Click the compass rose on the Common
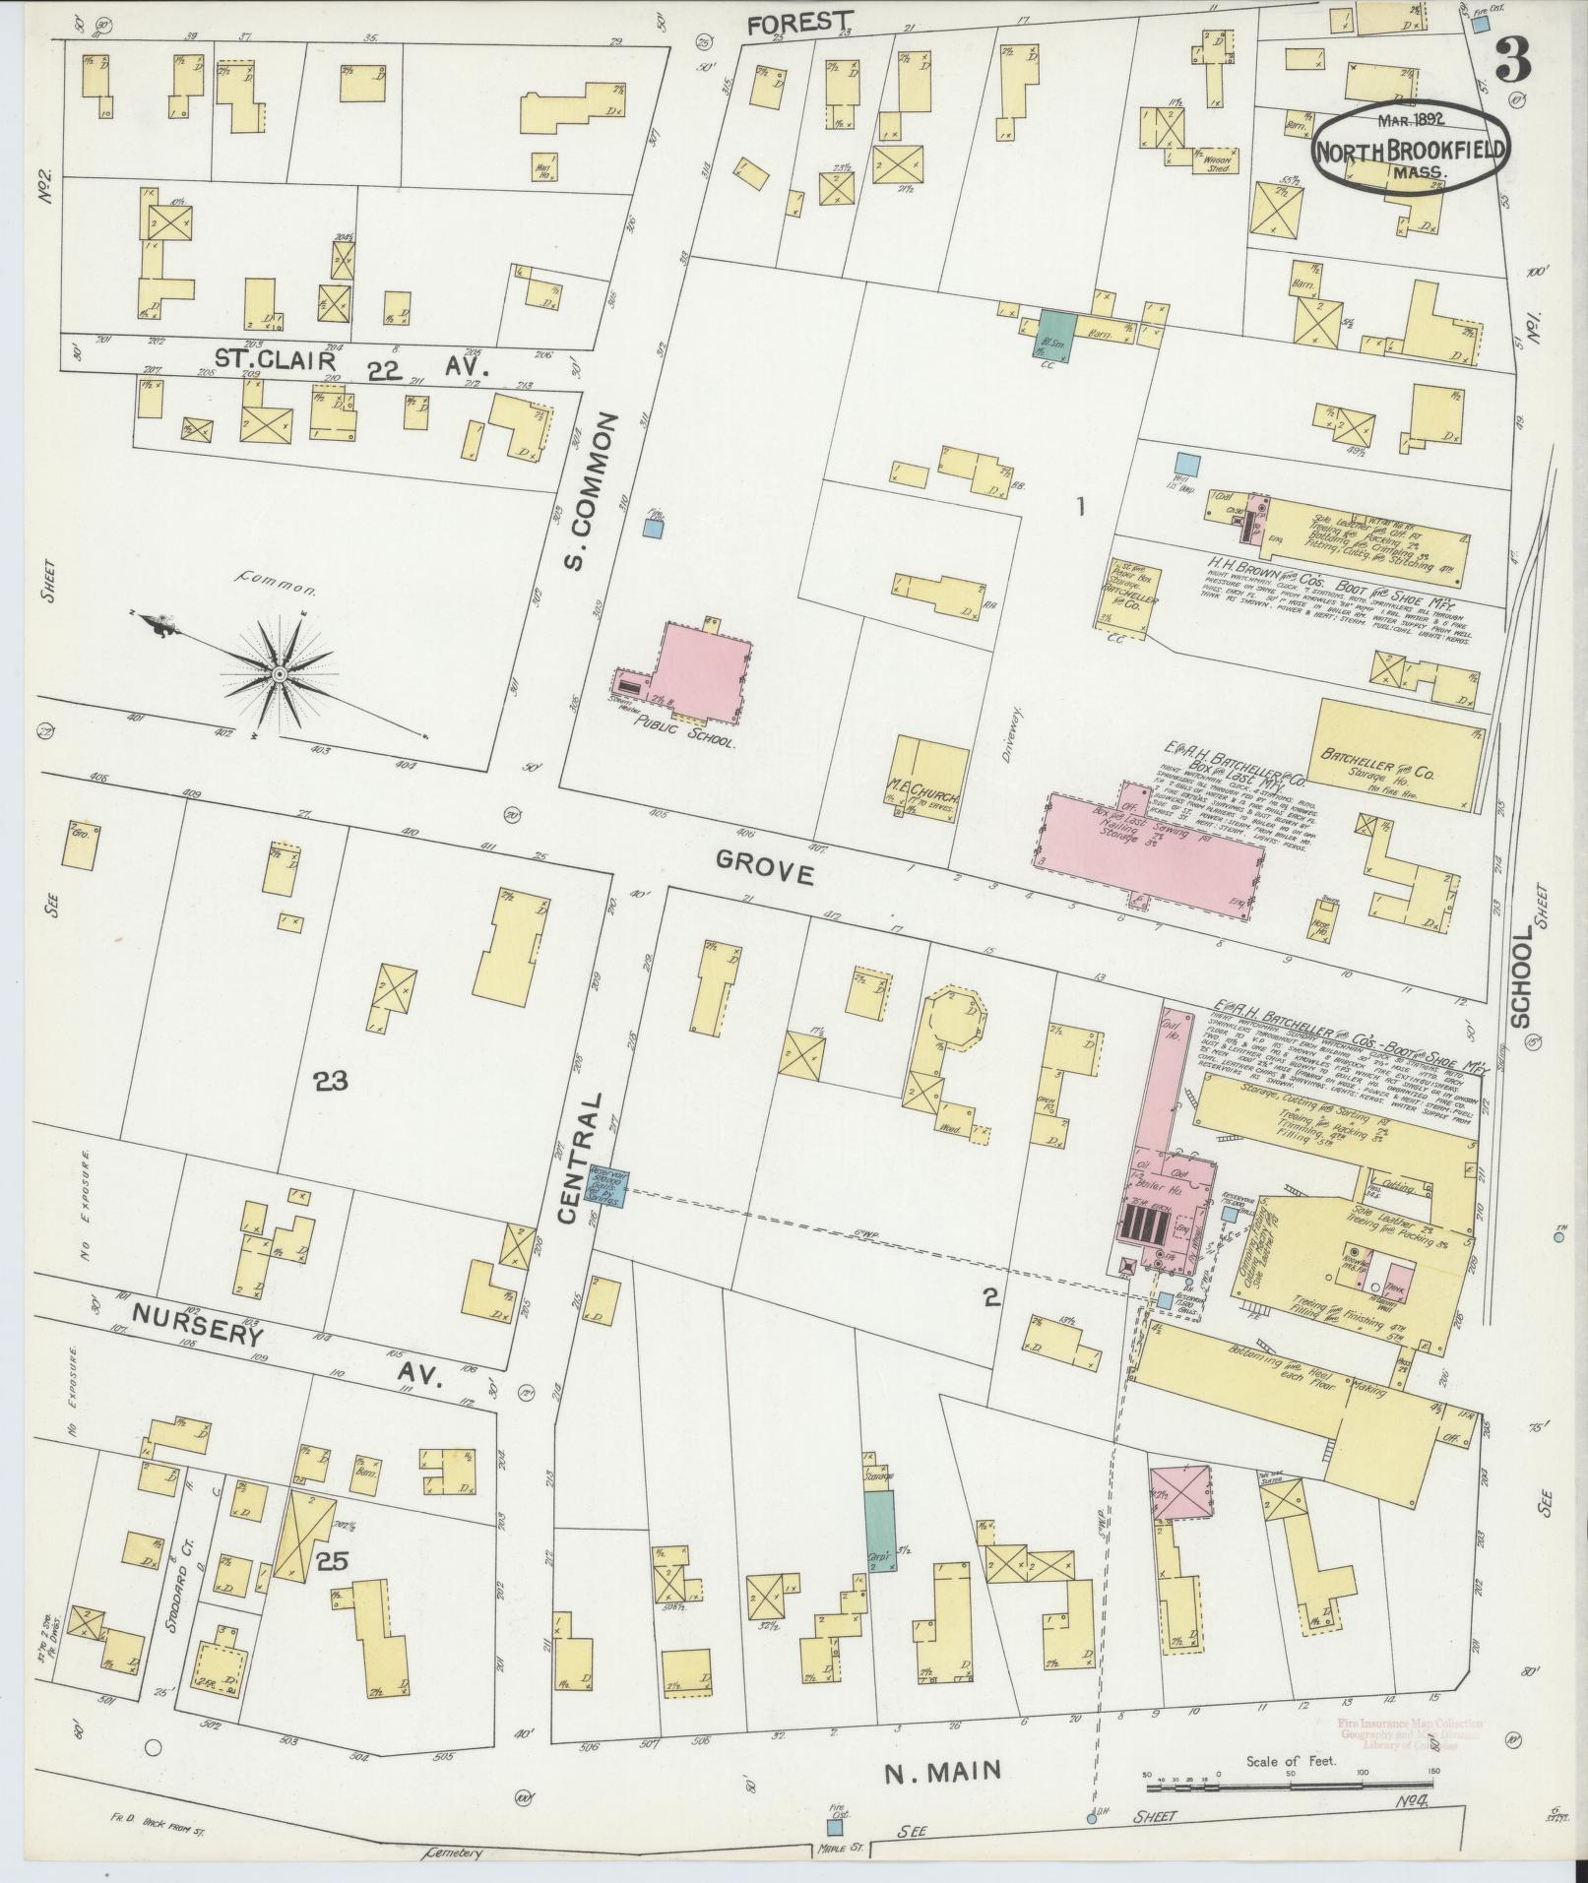280,673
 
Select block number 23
331,1083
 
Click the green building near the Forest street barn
1056,331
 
